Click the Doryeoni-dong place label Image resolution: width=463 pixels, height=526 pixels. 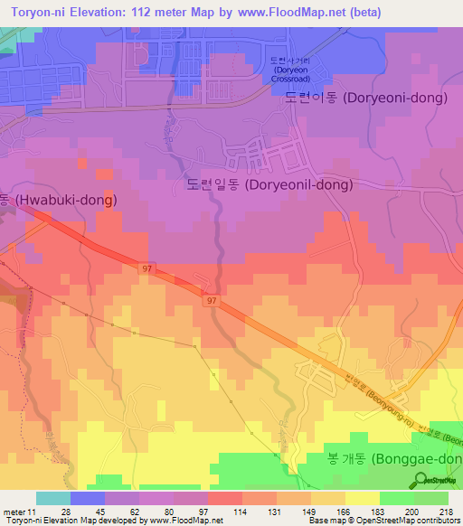click(365, 98)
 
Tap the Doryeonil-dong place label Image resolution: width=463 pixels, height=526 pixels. click(269, 184)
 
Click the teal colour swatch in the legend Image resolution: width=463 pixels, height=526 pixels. click(52, 498)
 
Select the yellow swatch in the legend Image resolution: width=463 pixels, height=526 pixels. click(362, 498)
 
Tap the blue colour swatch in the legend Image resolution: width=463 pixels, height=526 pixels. click(87, 498)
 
